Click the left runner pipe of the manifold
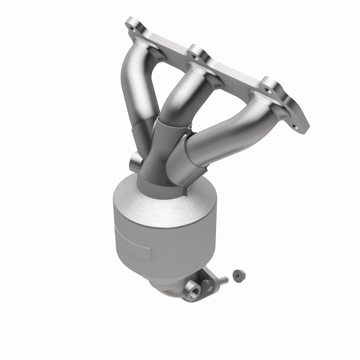click(x=135, y=90)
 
